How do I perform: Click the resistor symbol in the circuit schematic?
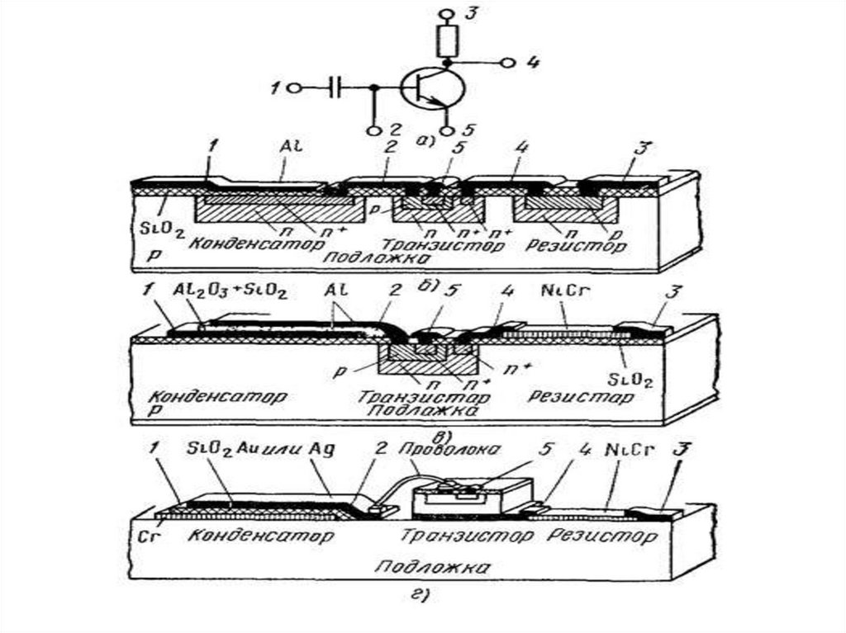point(447,39)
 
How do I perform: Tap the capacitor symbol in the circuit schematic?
point(335,87)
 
